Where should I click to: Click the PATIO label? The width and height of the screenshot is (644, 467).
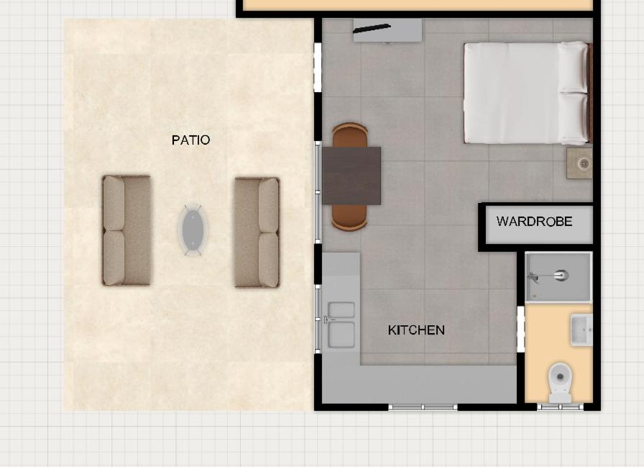click(190, 140)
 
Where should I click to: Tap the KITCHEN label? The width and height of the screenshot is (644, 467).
click(416, 330)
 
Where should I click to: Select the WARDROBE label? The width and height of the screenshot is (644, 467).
click(534, 221)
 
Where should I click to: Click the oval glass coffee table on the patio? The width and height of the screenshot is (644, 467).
click(193, 230)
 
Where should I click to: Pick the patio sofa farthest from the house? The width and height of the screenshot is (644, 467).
click(126, 230)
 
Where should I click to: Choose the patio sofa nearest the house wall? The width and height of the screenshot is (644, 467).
click(257, 232)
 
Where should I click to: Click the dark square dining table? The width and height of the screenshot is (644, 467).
click(351, 176)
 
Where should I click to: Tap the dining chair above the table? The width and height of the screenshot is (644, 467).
click(350, 135)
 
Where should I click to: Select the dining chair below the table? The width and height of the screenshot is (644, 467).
click(349, 217)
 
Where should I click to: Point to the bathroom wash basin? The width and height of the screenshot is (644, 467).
click(581, 330)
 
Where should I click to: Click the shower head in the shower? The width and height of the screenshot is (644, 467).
click(561, 275)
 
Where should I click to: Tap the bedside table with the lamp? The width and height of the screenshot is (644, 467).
click(579, 163)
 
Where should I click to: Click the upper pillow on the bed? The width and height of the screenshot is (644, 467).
click(573, 68)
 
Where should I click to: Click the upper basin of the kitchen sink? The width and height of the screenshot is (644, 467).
click(341, 310)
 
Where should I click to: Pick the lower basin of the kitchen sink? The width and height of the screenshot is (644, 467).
click(341, 335)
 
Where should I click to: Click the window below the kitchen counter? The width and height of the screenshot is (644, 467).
click(423, 407)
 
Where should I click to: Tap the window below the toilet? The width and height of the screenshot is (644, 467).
click(560, 407)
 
